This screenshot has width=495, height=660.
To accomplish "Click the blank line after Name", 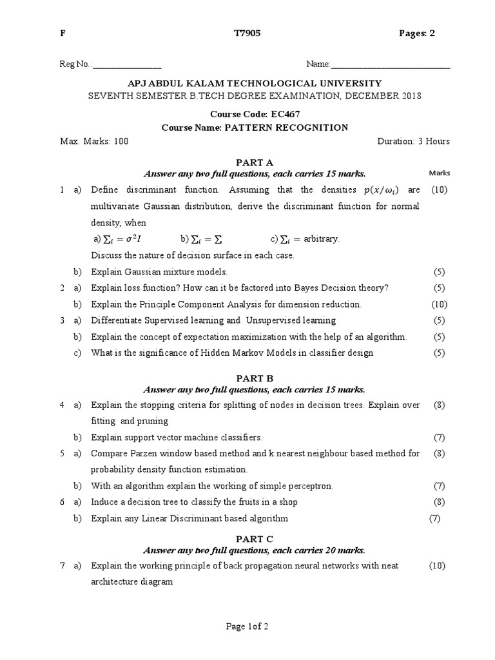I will coord(390,66).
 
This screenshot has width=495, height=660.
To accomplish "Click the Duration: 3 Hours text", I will coord(413,141).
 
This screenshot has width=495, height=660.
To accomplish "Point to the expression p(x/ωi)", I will coord(382,190).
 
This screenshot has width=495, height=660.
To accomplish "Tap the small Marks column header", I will coord(440,173).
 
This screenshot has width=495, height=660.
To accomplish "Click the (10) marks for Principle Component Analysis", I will coord(438,304).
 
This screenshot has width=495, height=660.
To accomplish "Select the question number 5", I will coord(62,454).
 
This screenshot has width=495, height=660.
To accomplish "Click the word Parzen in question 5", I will coord(143,454).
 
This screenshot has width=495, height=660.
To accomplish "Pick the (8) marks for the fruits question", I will coord(439,502).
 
